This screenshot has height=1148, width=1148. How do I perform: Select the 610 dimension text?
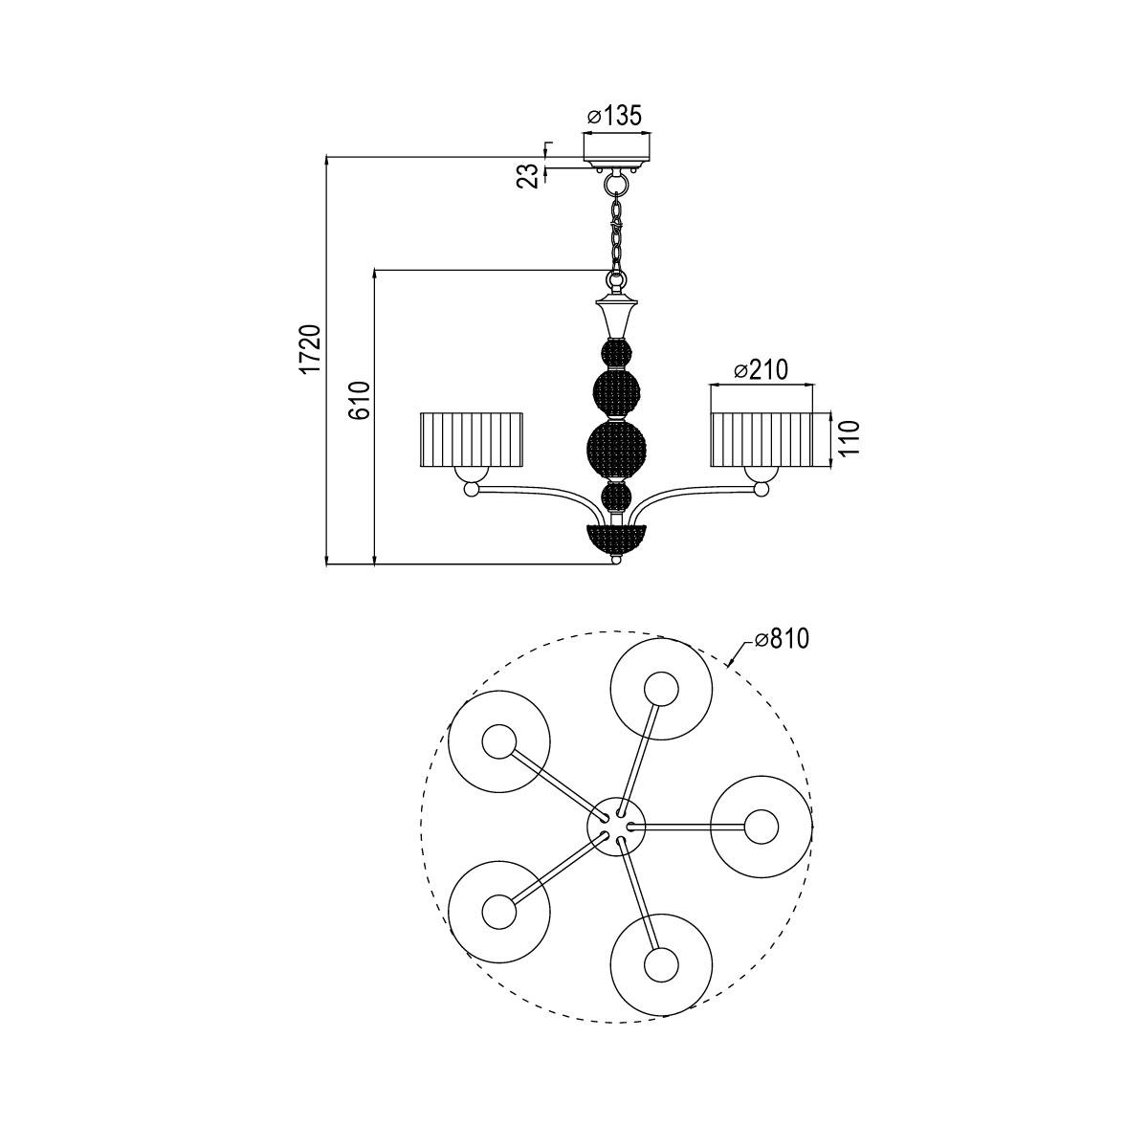point(358,400)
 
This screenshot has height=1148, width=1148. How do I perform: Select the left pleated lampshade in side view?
point(473,439)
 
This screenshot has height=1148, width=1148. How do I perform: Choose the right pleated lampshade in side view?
point(762,439)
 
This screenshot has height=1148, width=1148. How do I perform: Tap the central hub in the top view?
point(616,824)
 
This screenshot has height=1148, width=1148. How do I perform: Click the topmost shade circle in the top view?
point(661,690)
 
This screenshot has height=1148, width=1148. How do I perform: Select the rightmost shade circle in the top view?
point(762,827)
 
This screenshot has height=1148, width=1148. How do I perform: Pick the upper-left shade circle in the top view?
point(499,741)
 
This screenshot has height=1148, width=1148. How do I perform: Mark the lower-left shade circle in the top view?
point(499,911)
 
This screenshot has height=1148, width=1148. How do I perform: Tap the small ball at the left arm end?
point(471,490)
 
